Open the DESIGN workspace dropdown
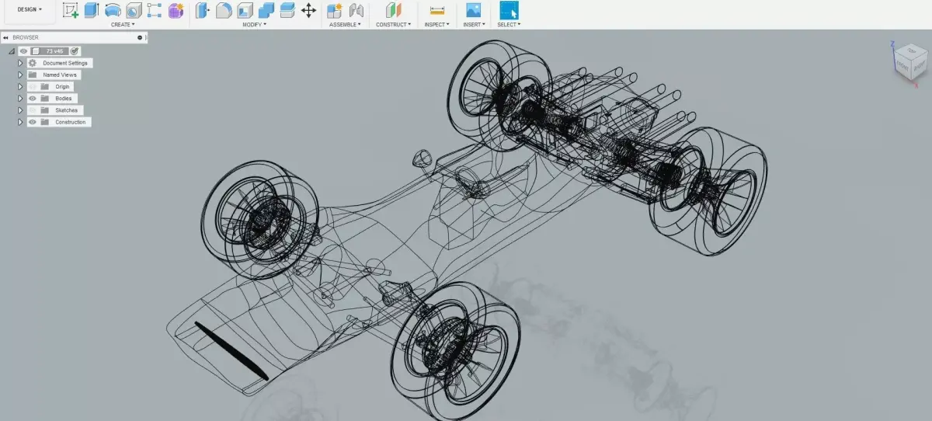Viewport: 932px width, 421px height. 30,9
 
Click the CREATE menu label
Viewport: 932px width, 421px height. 122,24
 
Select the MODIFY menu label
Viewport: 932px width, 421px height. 253,24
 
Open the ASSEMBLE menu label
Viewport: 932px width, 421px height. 344,24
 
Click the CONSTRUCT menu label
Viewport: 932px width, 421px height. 393,24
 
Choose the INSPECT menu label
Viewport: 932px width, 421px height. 436,24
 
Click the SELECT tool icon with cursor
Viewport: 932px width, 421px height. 509,10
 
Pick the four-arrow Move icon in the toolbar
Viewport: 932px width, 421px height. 308,10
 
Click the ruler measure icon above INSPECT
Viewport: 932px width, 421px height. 436,10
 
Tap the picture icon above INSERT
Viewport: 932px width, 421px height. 472,10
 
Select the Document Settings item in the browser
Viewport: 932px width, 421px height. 66,63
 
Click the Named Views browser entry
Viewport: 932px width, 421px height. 60,75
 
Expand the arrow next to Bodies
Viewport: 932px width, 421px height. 21,99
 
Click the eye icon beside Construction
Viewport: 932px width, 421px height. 33,122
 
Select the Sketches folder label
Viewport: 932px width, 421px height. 66,110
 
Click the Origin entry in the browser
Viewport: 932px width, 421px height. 62,86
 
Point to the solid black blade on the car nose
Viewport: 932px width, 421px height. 231,350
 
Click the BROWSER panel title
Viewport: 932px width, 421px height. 26,37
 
